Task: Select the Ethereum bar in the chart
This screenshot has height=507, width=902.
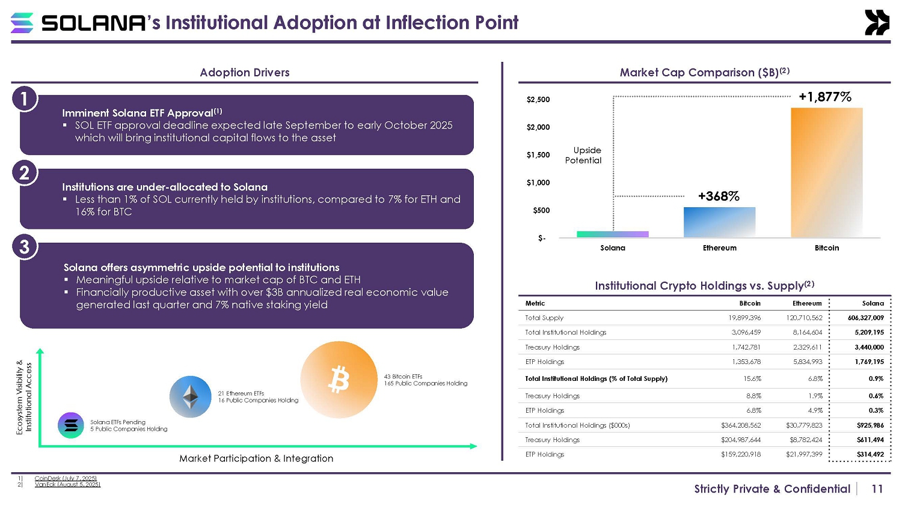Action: pos(719,222)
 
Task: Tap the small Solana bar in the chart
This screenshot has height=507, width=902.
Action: pos(612,234)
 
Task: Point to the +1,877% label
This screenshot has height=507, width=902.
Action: pos(824,97)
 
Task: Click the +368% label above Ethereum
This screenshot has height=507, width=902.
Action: pos(719,196)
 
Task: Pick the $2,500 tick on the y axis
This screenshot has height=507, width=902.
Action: pos(538,100)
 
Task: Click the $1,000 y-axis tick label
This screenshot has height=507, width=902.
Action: pos(538,183)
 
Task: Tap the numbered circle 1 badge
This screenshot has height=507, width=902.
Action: pos(24,99)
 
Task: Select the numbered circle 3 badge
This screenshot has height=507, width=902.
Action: pos(24,247)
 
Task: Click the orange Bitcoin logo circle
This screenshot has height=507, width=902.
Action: pos(339,380)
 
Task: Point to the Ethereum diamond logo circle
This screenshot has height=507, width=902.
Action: pos(191,396)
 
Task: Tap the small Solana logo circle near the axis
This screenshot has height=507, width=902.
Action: pos(71,425)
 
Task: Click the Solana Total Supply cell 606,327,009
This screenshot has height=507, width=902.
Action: pos(865,318)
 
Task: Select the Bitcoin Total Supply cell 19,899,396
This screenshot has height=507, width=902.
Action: pos(746,318)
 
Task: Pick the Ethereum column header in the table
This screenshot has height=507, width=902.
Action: pos(806,303)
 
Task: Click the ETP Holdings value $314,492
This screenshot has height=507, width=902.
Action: pos(870,454)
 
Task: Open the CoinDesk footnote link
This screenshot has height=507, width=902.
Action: pos(66,478)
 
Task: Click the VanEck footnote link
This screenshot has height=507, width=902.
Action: pos(67,484)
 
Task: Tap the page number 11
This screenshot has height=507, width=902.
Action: pos(877,489)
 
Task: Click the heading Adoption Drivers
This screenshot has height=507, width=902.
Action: pos(244,73)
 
